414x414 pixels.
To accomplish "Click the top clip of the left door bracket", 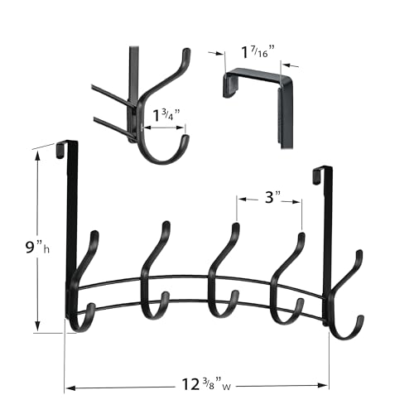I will coord(63,148).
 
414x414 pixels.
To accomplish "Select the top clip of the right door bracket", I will coord(319,173).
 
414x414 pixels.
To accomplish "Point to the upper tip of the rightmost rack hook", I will coord(359,253).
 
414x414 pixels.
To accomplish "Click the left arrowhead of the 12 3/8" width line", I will coord(70,386).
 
